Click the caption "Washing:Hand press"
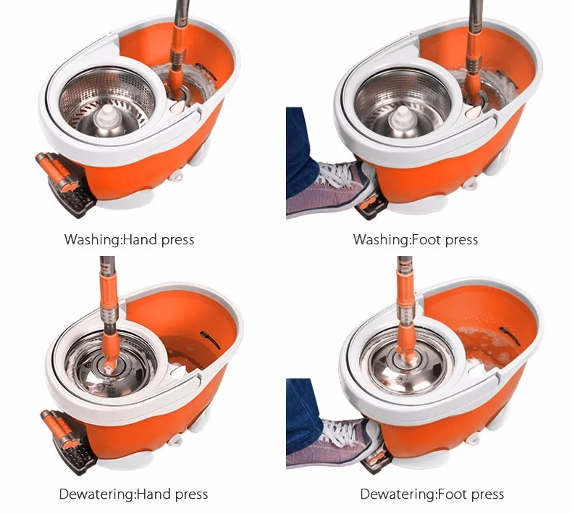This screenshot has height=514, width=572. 129,240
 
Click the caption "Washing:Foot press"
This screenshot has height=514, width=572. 416,240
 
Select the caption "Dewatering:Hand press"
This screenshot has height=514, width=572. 133,494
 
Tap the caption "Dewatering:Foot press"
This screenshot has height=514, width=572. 432,494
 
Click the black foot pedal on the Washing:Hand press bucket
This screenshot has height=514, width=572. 71,196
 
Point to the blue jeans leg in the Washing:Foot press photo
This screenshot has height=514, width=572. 301,154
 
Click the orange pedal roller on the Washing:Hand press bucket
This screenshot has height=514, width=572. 54,170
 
